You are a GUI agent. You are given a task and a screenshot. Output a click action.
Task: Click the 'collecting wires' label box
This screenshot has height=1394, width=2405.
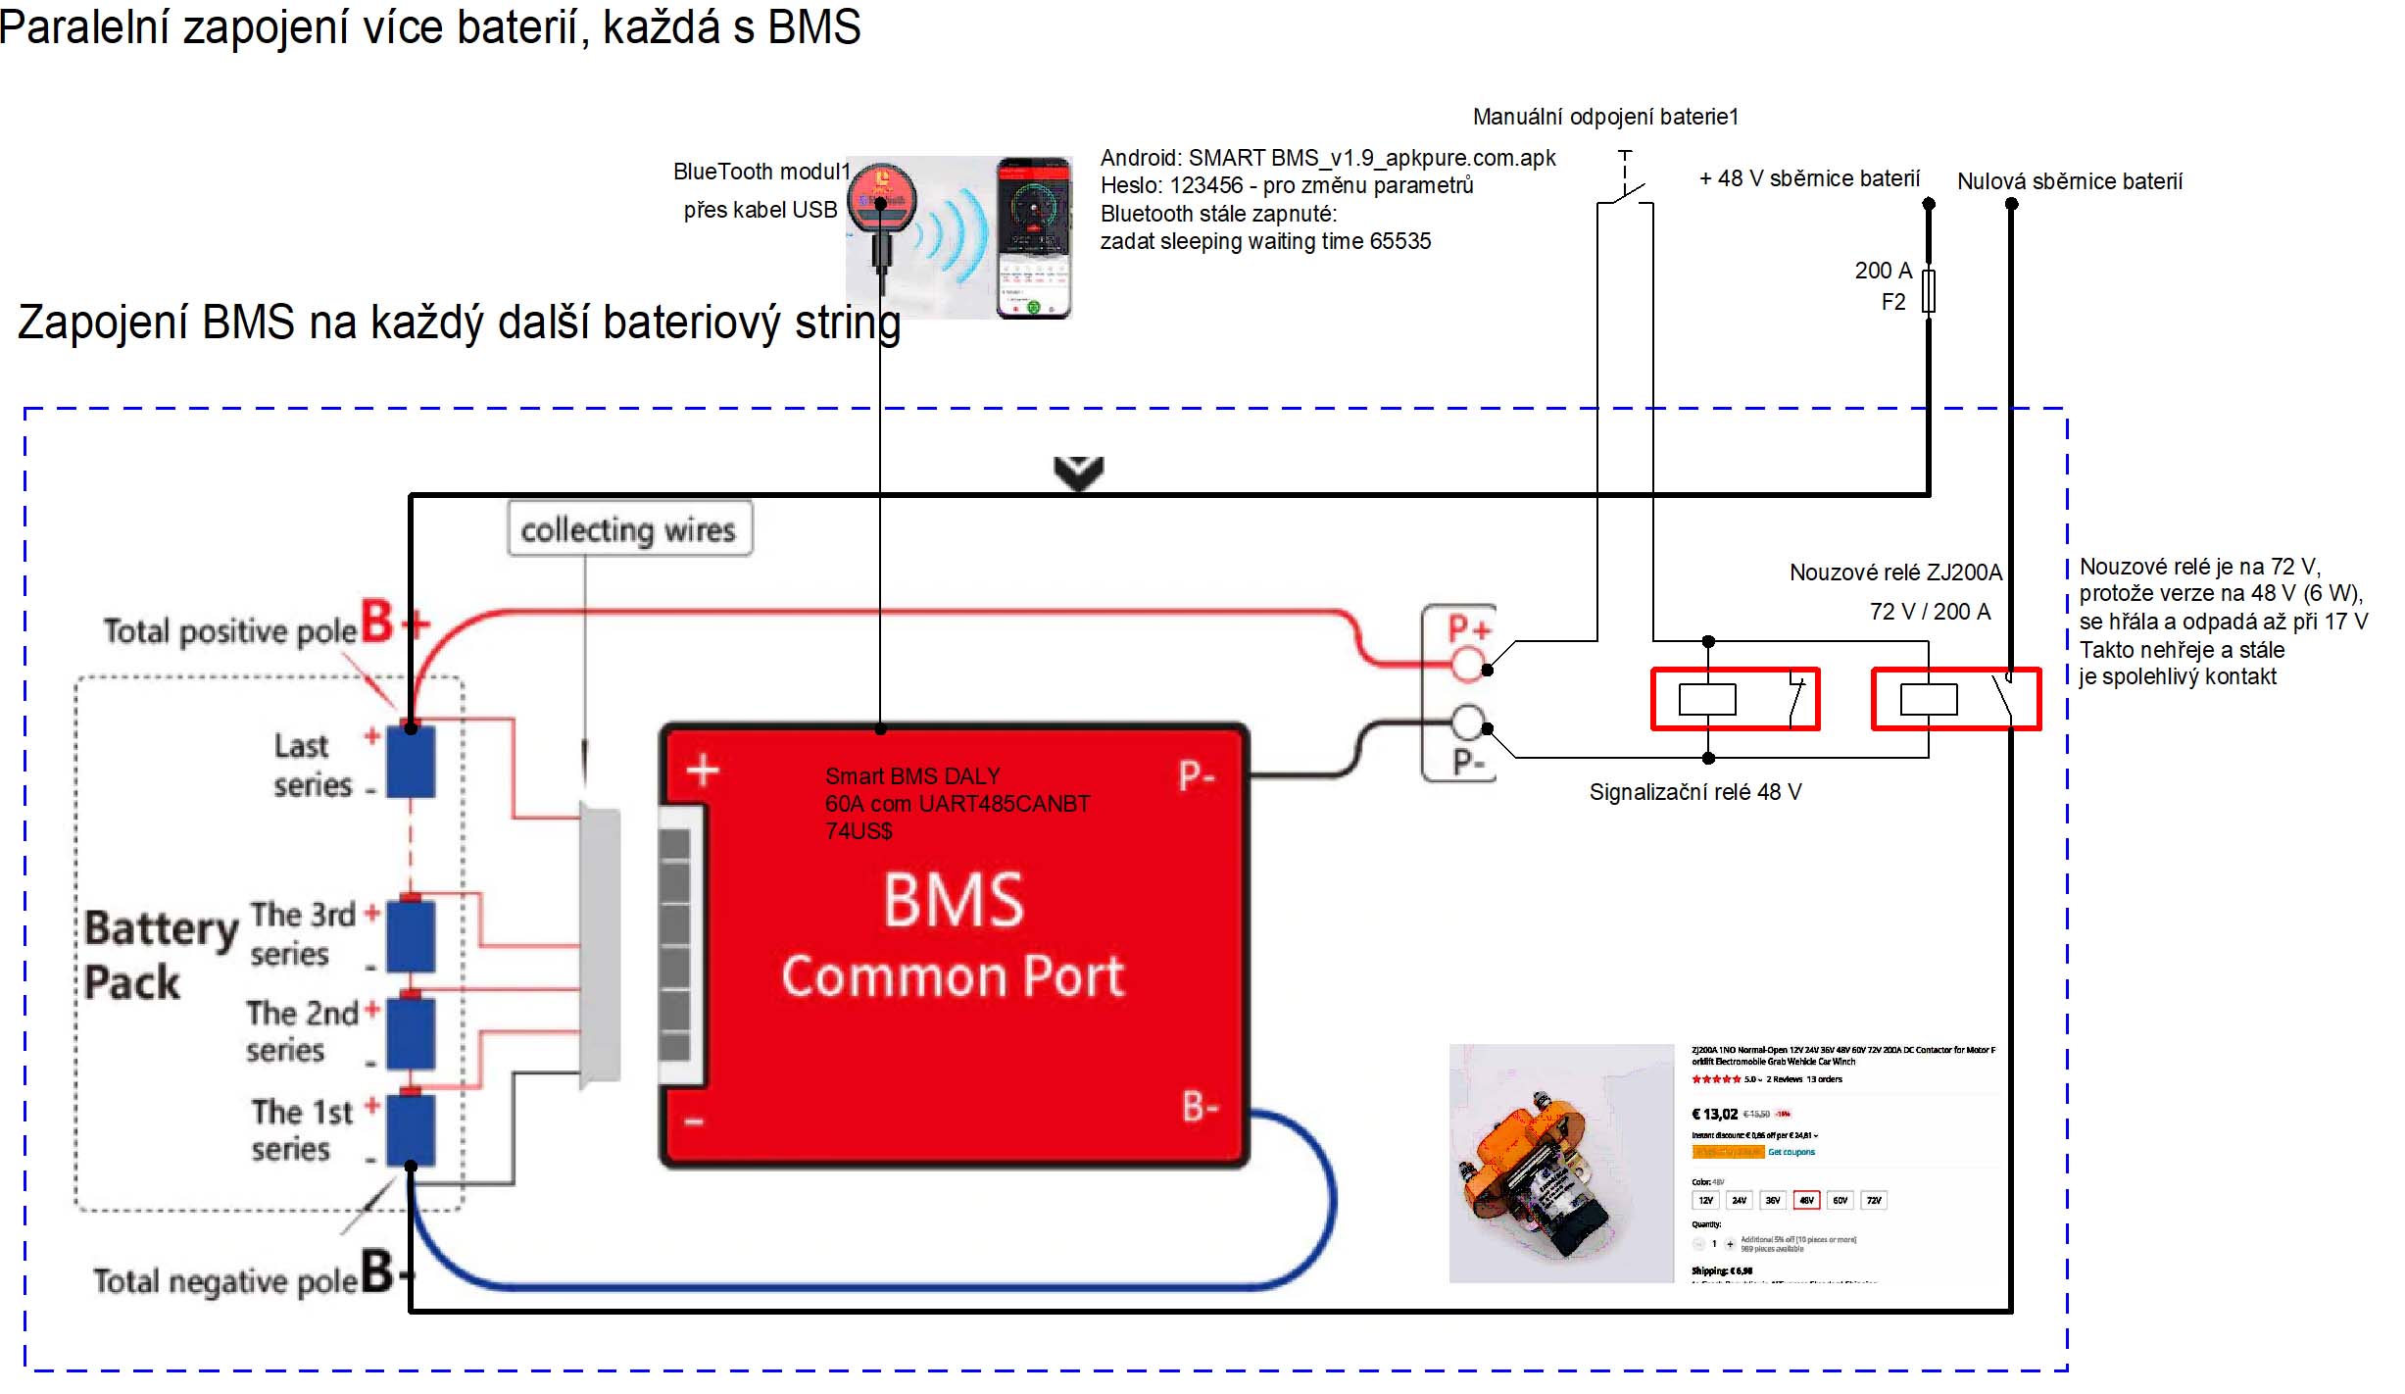pos(629,529)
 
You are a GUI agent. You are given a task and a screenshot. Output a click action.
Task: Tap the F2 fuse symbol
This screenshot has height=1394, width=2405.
pos(1928,291)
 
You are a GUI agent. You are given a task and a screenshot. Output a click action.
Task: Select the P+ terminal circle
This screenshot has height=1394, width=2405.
pos(1467,664)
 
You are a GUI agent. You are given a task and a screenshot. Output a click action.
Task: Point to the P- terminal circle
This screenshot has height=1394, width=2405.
pos(1467,722)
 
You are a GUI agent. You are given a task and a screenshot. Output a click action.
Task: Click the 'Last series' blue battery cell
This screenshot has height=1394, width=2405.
pos(411,761)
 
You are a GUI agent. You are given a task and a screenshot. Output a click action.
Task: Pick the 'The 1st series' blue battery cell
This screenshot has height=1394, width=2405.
pos(411,1129)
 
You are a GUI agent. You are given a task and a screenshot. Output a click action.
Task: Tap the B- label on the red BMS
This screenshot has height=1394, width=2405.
pos(1200,1108)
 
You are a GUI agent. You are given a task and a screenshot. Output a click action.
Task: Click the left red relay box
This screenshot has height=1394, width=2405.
pos(1735,699)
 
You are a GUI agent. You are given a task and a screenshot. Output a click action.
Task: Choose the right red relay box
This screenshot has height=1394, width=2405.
pos(1955,699)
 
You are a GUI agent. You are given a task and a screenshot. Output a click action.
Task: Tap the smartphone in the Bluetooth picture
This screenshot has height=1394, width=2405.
pos(1034,238)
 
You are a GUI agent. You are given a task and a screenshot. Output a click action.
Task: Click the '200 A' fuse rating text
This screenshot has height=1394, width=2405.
pos(1883,271)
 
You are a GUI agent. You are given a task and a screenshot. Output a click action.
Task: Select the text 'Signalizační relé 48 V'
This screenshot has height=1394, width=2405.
pos(1694,792)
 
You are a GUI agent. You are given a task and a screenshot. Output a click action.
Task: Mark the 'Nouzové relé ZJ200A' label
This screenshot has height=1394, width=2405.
pos(1895,573)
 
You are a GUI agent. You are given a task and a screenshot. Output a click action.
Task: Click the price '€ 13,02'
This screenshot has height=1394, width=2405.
pos(1714,1114)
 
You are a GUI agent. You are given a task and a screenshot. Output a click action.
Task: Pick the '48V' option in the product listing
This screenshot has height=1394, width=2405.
pos(1806,1200)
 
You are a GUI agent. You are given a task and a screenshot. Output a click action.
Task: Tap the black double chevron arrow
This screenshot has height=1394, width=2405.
pos(1078,473)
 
